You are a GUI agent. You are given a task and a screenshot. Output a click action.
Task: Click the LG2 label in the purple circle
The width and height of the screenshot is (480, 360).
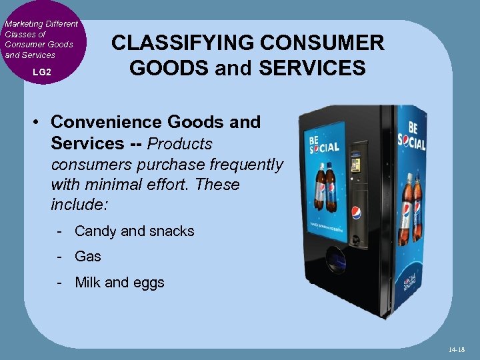[x=41, y=71]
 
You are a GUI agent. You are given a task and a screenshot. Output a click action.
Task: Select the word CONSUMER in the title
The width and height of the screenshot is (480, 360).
[x=331, y=43]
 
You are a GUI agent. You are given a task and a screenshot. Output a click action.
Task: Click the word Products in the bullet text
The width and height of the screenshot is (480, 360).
[x=179, y=143]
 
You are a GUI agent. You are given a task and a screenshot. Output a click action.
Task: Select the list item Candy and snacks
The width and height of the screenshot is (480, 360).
[x=134, y=231]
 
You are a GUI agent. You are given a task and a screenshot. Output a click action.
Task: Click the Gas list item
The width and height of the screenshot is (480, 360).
[x=87, y=257]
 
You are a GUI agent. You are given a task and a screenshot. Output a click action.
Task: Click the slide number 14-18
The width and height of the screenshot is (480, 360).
[x=456, y=349]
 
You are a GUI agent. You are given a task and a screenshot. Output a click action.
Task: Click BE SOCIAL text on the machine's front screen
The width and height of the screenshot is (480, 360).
[x=324, y=143]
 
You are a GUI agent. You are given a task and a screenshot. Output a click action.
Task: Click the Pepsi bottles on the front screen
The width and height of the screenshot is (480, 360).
[x=325, y=186]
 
